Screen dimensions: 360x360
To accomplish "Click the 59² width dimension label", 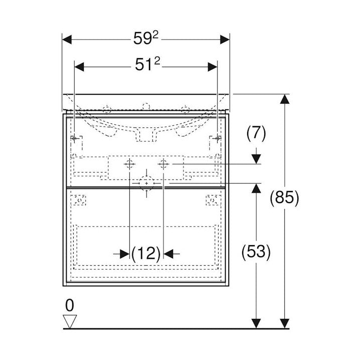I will (x=146, y=39).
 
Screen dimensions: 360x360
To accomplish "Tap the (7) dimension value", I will (x=256, y=133).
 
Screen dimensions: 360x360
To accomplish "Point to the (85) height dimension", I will (x=284, y=198).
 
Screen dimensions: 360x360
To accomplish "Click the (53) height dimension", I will (x=256, y=251).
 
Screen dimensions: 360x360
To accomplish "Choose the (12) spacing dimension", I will (x=146, y=254).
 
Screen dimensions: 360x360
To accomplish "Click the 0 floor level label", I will (x=70, y=305).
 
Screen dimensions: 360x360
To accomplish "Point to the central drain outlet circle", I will (x=146, y=184).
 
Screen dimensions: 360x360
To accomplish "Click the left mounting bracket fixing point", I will (x=74, y=138).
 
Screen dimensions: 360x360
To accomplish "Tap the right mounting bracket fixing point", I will (x=217, y=138).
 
